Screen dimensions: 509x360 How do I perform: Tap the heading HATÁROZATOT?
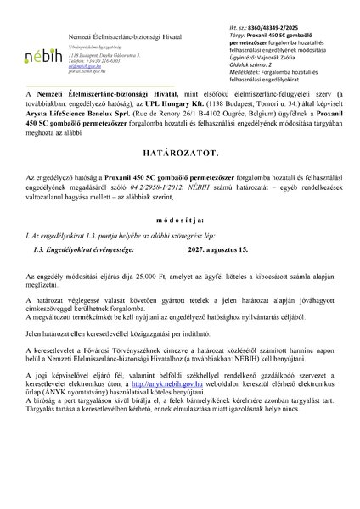pyautogui.click(x=180, y=178)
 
